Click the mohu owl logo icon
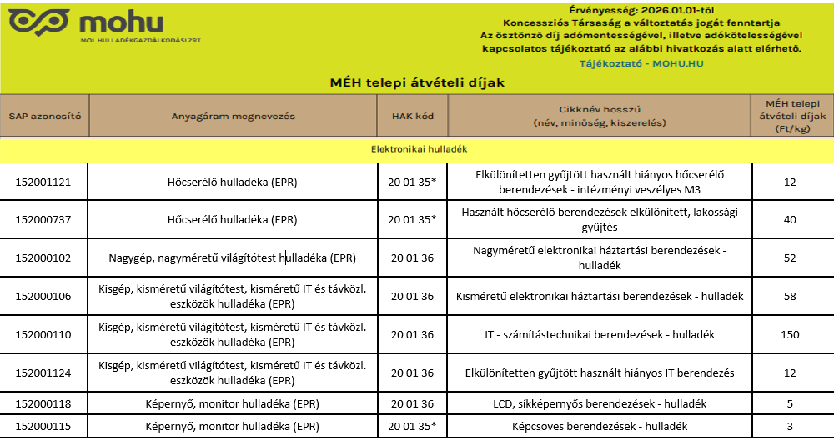[38, 22]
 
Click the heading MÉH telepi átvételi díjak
[417, 82]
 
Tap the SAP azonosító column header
[44, 116]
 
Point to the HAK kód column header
[413, 116]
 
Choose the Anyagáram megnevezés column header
[234, 116]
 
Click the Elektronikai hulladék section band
[417, 149]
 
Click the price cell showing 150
[791, 334]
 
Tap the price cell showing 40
[791, 219]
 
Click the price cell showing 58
[791, 296]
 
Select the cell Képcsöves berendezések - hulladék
[600, 426]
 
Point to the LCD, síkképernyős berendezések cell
[600, 404]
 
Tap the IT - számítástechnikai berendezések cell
[600, 334]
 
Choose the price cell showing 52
[791, 257]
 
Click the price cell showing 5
[791, 404]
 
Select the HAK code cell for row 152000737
[413, 219]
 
